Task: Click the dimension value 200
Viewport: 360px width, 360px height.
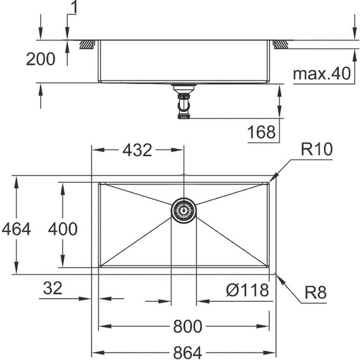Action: point(40,60)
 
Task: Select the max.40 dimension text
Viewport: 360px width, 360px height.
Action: point(321,74)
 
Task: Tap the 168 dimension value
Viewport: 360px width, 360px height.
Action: point(262,132)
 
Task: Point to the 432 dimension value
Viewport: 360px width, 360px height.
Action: point(136,150)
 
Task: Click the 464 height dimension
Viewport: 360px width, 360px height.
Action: point(15,228)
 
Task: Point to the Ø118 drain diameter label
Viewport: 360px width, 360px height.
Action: point(247,290)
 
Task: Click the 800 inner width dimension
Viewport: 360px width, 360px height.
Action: point(187,327)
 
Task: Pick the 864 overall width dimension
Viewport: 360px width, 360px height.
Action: point(187,347)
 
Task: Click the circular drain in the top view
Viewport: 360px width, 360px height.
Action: point(184,210)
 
